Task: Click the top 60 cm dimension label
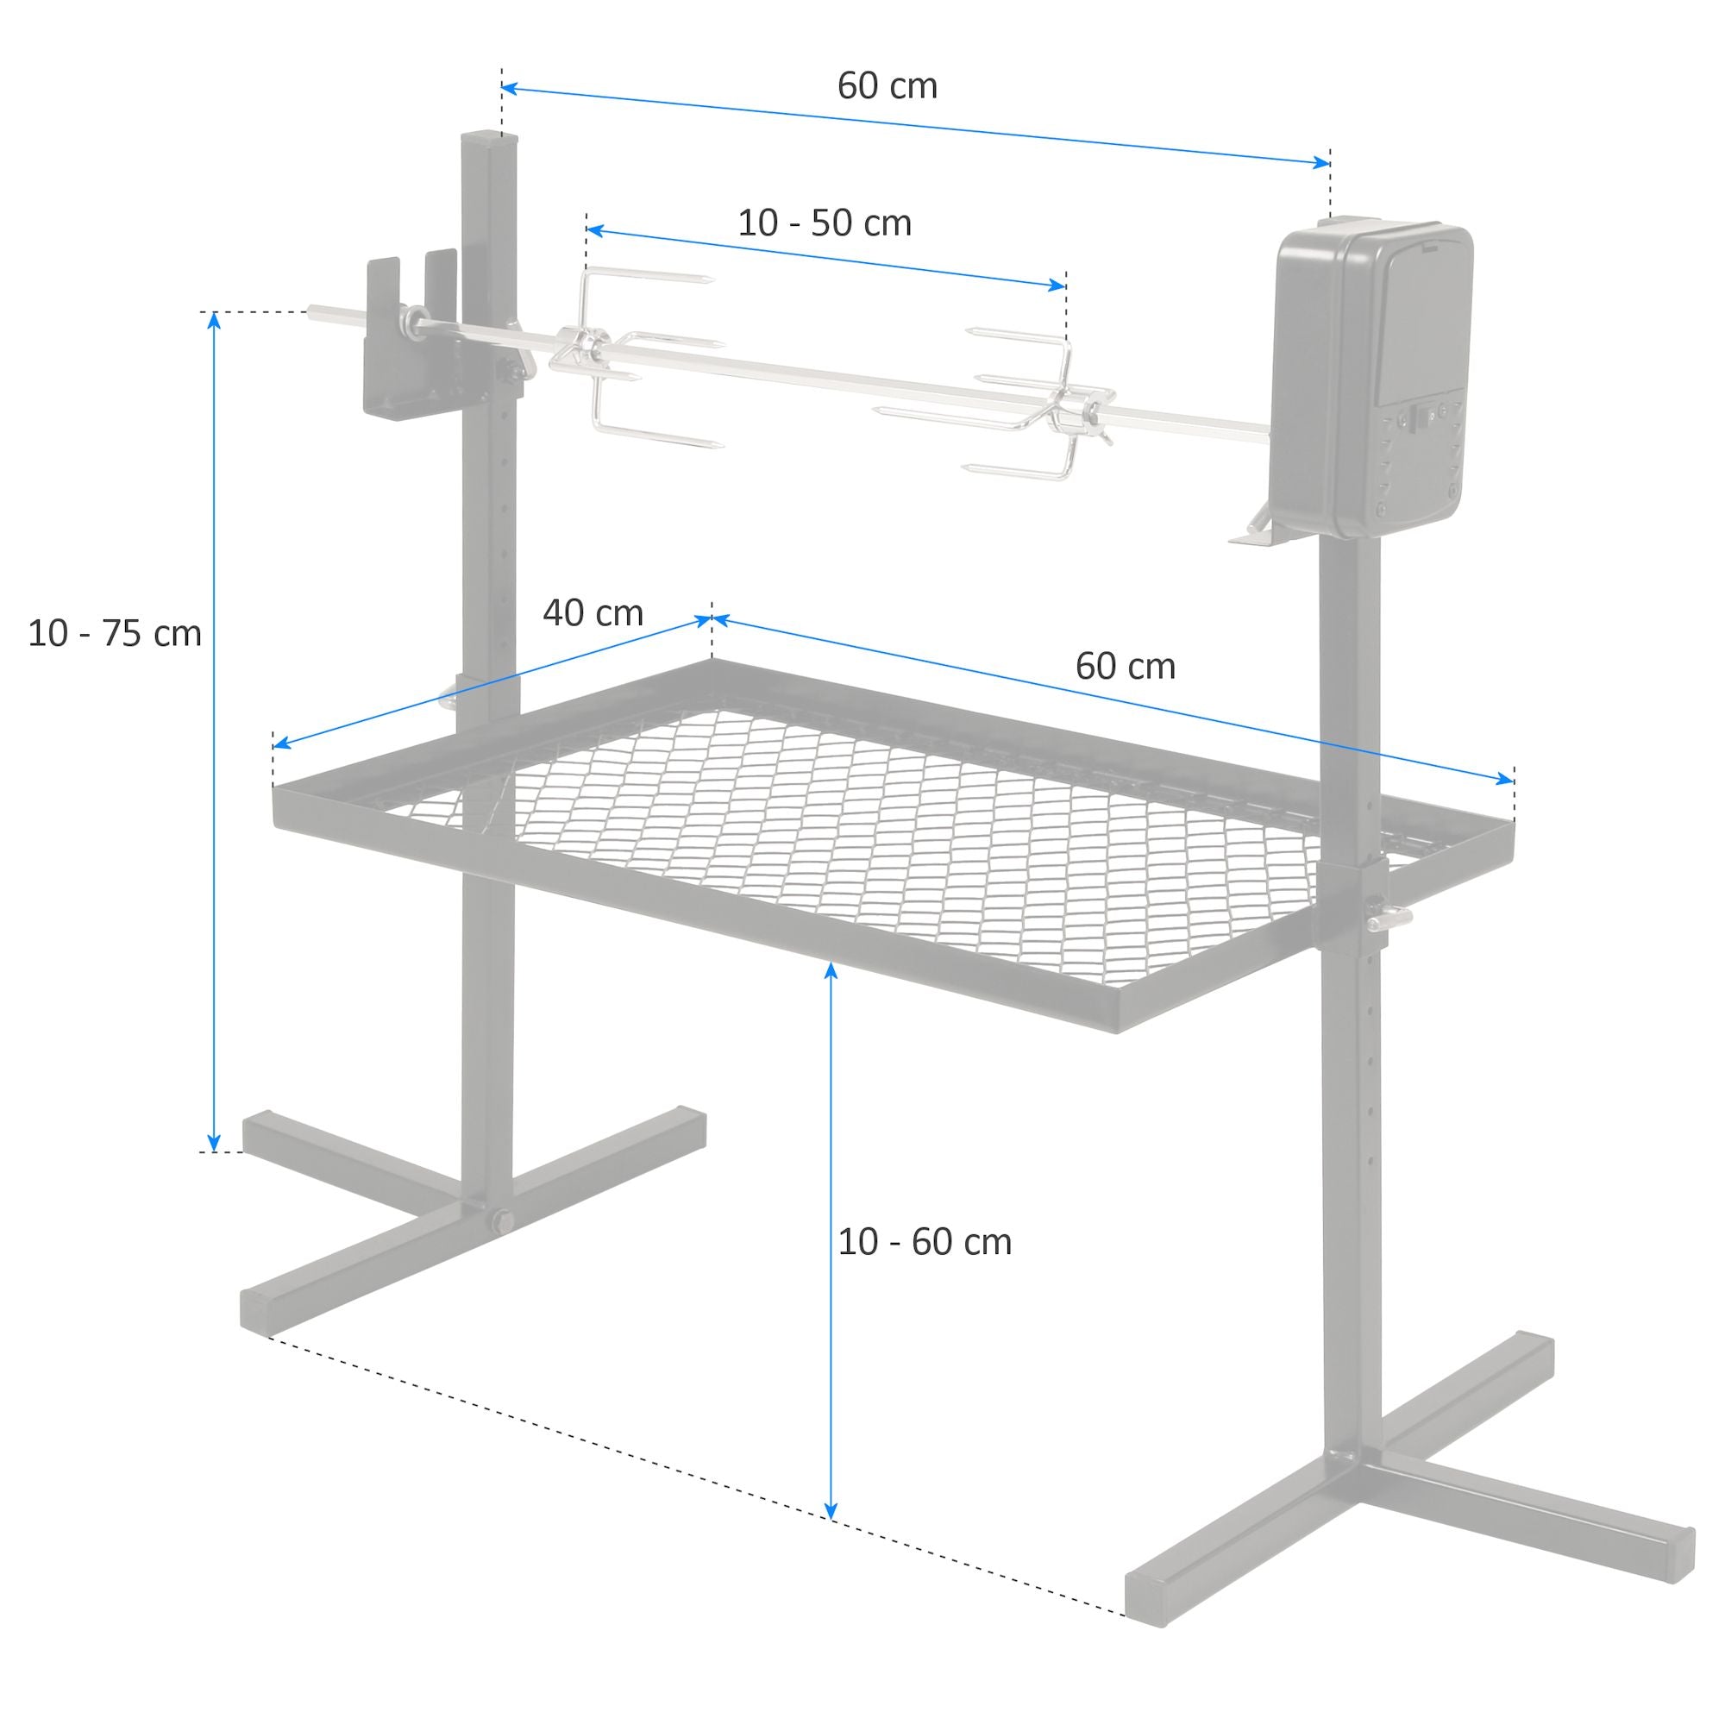(x=887, y=86)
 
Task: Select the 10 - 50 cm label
(x=824, y=223)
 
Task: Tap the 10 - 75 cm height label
(x=115, y=634)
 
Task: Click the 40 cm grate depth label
(x=593, y=613)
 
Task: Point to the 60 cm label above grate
(x=1125, y=667)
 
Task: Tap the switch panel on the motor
(x=1426, y=415)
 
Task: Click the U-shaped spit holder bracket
(x=409, y=339)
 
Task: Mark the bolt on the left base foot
(x=501, y=1221)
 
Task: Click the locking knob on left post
(x=449, y=696)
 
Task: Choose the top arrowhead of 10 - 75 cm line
(x=213, y=320)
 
